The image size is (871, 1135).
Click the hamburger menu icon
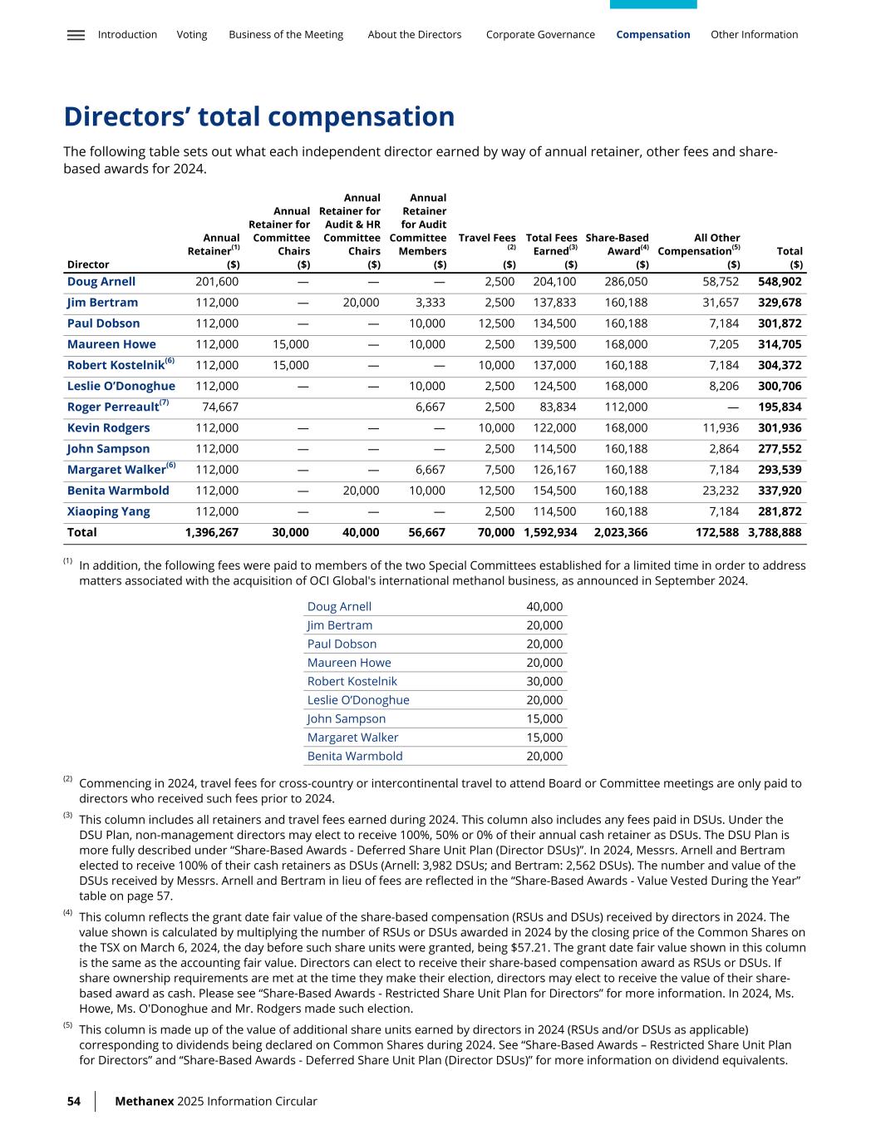click(x=76, y=35)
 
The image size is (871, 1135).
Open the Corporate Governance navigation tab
click(x=540, y=35)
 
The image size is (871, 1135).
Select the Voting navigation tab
click(x=192, y=35)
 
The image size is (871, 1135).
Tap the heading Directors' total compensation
click(x=259, y=116)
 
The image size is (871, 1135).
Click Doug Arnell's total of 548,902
click(x=780, y=282)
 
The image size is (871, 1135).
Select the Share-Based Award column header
click(x=617, y=244)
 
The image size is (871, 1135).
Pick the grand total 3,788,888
click(x=775, y=532)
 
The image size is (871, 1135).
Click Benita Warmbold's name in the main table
click(x=118, y=491)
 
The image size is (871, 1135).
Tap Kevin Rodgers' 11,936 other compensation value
click(x=721, y=427)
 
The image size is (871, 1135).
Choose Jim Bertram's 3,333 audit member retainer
click(x=430, y=303)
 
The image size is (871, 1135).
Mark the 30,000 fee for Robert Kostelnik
click(x=544, y=681)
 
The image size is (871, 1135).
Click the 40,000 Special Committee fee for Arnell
click(x=544, y=606)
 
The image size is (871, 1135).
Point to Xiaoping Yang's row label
click(x=109, y=511)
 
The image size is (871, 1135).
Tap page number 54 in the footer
click(x=74, y=1101)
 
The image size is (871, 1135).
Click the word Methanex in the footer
click(x=144, y=1101)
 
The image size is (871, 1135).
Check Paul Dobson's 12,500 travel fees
click(x=497, y=323)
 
